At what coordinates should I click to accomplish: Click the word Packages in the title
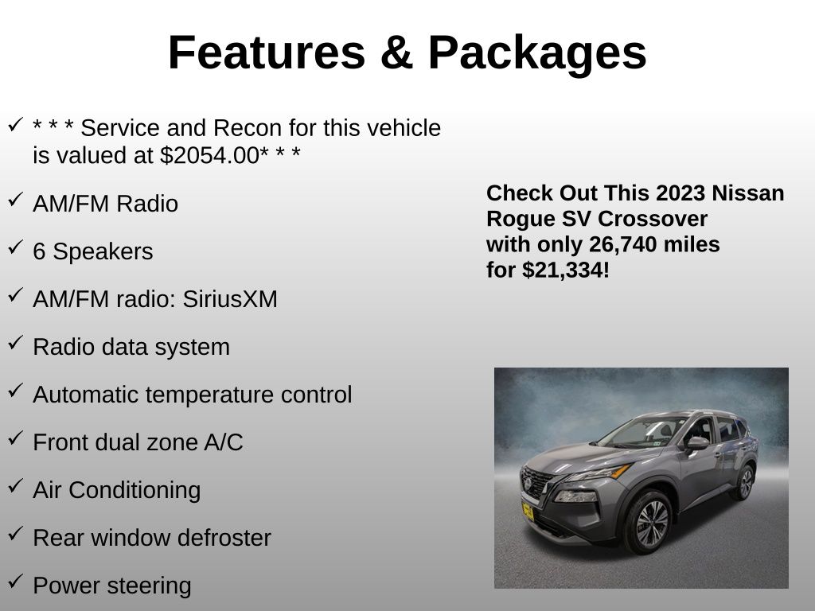(537, 53)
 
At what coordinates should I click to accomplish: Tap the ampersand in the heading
(396, 53)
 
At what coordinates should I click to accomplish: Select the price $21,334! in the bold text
(566, 270)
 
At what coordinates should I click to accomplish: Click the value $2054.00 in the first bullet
(210, 155)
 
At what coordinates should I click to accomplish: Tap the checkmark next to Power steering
(16, 581)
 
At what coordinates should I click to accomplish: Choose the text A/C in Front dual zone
(224, 442)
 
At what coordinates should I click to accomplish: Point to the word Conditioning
(135, 490)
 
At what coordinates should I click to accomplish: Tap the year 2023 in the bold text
(673, 193)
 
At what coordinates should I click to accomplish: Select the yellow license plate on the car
(528, 512)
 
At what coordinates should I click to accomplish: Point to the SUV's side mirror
(696, 443)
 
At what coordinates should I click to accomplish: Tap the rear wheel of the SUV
(745, 483)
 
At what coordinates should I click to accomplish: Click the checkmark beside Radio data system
(16, 342)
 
